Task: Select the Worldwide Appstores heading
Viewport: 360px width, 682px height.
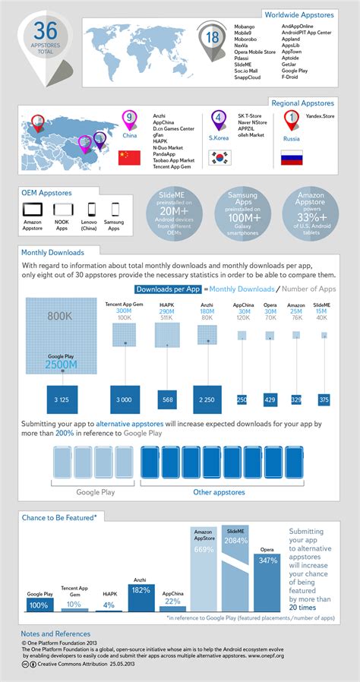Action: point(309,14)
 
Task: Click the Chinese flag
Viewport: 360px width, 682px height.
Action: point(129,158)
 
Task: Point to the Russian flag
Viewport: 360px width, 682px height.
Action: point(292,158)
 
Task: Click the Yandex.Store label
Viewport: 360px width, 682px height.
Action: point(319,118)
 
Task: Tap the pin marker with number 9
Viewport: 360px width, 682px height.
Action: point(129,118)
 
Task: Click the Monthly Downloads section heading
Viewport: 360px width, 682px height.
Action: point(52,251)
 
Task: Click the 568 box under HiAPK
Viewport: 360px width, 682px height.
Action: point(168,399)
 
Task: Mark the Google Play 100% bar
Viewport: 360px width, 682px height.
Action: point(39,605)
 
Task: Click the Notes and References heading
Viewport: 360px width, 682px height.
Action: point(55,633)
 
